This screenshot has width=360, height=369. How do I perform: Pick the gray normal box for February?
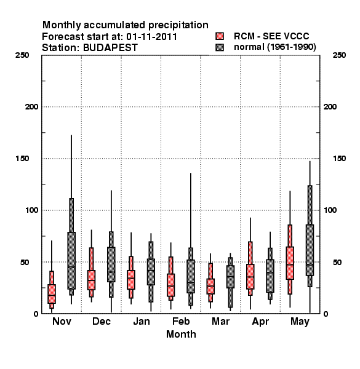point(191,276)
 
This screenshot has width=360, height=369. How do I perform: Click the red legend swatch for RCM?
point(220,36)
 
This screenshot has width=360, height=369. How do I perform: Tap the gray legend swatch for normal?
point(220,47)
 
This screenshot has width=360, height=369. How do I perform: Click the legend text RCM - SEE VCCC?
point(271,36)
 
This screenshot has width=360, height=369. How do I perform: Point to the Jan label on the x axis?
point(142,321)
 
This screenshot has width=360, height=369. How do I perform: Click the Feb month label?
point(181,321)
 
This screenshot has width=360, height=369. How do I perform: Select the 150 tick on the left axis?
point(22,159)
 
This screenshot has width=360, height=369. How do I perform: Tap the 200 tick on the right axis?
point(330,107)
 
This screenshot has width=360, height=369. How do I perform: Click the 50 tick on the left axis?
point(25,262)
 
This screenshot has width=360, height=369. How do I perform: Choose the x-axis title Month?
point(181,334)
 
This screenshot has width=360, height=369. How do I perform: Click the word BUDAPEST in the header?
point(110,48)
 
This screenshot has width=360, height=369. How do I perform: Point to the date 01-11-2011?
point(151,37)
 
